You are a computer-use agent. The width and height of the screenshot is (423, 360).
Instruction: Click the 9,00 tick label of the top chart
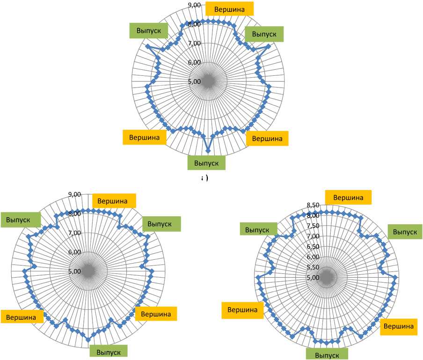coord(194,5)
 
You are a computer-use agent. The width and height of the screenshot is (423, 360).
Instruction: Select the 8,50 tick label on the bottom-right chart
coord(313,205)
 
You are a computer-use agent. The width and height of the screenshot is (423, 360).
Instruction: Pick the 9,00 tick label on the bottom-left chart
coord(75,195)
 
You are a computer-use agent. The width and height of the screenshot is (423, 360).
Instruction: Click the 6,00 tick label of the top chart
coord(194,63)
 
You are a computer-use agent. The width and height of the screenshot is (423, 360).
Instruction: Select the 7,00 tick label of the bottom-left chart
coord(75,233)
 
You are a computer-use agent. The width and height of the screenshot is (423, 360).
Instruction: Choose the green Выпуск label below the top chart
coord(206,162)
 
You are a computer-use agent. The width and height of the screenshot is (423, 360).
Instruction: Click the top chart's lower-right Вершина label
coord(267,138)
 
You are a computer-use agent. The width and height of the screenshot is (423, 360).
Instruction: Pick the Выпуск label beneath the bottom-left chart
coord(108,352)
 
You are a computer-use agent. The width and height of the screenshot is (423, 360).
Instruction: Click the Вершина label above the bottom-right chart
coord(348,198)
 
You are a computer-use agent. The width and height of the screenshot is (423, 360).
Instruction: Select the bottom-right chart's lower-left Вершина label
coord(243,309)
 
